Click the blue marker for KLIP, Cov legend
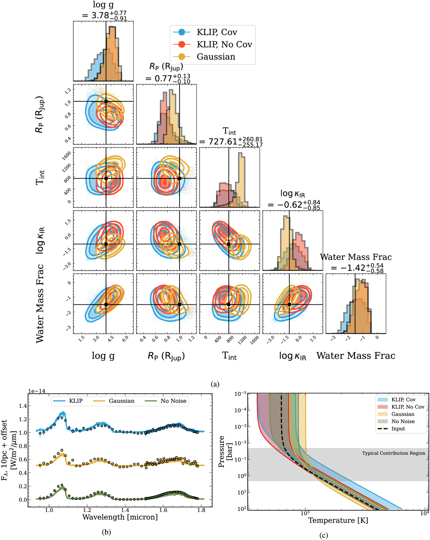(x=182, y=32)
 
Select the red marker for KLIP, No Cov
(x=182, y=44)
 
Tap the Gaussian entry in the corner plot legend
(x=216, y=57)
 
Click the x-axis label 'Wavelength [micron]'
(x=120, y=517)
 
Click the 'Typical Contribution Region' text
(x=393, y=453)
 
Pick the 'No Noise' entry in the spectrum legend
(x=173, y=401)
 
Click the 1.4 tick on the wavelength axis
(x=125, y=510)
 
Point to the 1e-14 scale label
(x=37, y=391)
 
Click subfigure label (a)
(x=215, y=384)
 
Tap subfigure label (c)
(x=324, y=535)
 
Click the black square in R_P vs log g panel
(x=106, y=102)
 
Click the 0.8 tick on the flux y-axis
(x=23, y=446)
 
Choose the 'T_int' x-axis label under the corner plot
(x=229, y=356)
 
